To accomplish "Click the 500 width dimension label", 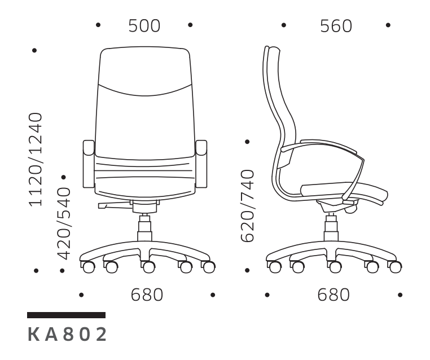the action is click(x=144, y=26).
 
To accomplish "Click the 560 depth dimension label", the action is click(x=336, y=26).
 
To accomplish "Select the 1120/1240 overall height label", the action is click(x=36, y=159).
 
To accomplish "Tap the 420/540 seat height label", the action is click(x=64, y=223).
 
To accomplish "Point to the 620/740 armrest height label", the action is click(x=248, y=206).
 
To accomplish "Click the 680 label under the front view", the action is click(x=147, y=295).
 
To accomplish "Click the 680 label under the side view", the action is click(x=334, y=295).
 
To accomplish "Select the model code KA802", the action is click(x=67, y=335).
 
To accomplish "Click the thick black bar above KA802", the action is click(x=67, y=315).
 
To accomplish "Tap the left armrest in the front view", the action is click(x=89, y=164).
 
